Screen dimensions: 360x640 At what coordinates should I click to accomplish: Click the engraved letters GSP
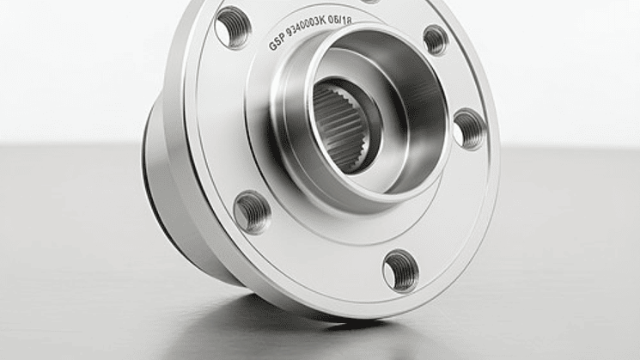click(x=277, y=43)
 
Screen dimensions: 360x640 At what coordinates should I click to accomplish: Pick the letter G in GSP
click(x=272, y=46)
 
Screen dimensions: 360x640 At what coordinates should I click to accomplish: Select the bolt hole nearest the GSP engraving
click(x=232, y=27)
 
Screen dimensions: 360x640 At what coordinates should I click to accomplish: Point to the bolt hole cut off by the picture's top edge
click(x=370, y=2)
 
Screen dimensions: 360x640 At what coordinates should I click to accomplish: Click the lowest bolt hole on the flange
click(x=400, y=270)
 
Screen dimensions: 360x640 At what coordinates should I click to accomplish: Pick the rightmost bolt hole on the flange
click(x=468, y=129)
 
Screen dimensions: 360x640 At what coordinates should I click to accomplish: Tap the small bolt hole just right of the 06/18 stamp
click(x=436, y=40)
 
